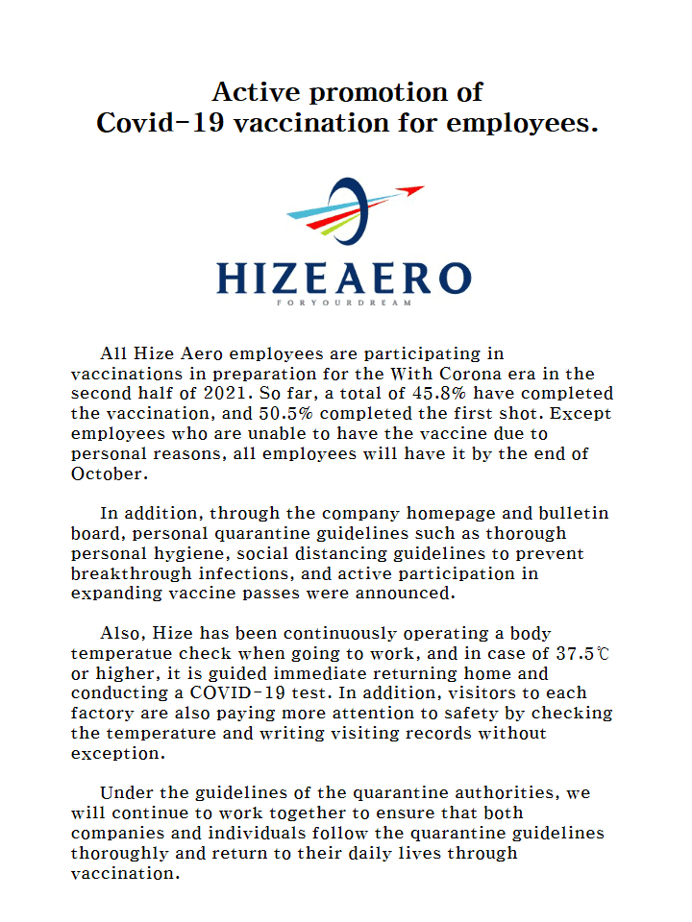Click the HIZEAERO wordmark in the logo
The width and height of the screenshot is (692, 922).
coord(344,278)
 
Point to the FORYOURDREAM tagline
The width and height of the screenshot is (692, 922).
coord(343,303)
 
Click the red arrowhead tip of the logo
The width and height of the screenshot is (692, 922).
coord(415,190)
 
